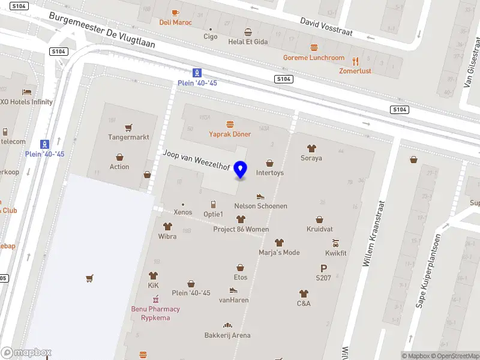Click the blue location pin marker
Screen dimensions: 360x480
point(241,170)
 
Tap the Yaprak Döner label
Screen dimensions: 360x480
point(230,134)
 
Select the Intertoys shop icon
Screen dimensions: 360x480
point(269,163)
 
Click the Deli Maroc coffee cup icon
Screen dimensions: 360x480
point(175,13)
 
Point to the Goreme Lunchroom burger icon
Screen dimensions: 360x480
point(314,47)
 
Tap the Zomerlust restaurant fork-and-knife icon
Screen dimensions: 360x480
point(355,61)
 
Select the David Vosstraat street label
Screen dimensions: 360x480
point(326,25)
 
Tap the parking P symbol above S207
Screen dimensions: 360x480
point(323,268)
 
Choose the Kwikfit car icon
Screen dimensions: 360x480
point(336,243)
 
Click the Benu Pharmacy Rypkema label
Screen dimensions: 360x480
point(155,313)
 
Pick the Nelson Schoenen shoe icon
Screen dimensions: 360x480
point(260,196)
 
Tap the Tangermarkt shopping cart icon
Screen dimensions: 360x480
point(128,128)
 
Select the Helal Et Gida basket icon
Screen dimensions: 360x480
point(248,32)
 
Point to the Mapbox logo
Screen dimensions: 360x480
point(26,353)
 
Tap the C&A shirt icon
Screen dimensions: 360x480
point(304,293)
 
